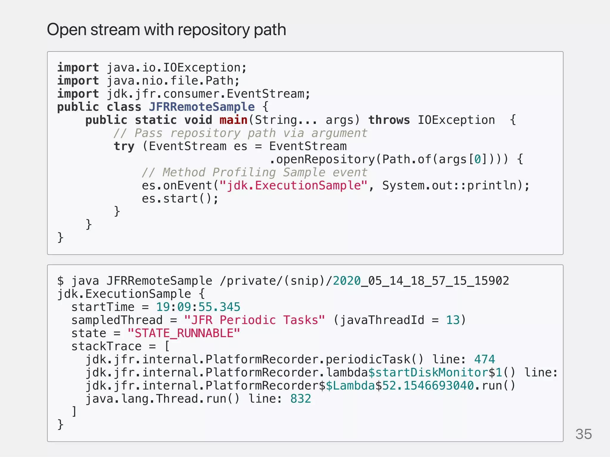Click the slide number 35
point(583,434)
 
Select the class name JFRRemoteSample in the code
point(202,107)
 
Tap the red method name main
point(233,120)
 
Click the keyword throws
point(389,120)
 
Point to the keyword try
point(124,146)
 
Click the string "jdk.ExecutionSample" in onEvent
point(293,186)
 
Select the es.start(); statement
point(180,199)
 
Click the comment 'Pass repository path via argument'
point(240,133)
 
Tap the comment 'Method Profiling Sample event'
point(254,172)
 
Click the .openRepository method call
point(322,159)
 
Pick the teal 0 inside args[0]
point(477,159)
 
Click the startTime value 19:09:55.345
point(198,307)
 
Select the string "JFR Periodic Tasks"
point(254,320)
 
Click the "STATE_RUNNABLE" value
point(183,333)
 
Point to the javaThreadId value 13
point(453,320)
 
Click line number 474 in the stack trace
point(484,359)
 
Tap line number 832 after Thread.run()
point(301,399)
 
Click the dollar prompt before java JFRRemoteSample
point(60,281)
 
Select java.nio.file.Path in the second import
point(170,81)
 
